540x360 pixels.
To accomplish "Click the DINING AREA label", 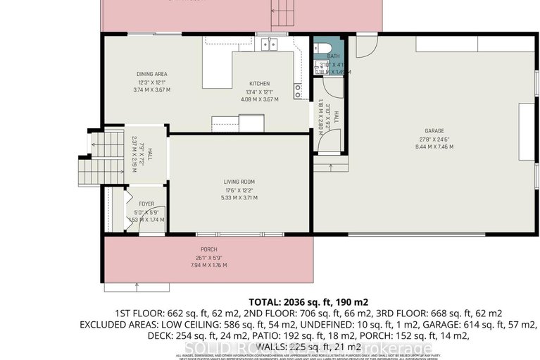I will pyautogui.click(x=151, y=74).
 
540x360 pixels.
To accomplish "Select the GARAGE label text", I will pyautogui.click(x=434, y=131).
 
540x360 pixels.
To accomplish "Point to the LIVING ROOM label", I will pyautogui.click(x=239, y=182).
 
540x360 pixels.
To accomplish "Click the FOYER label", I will pyautogui.click(x=146, y=204).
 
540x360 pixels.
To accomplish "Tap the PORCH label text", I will pyautogui.click(x=208, y=250).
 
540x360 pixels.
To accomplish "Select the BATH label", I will pyautogui.click(x=333, y=56).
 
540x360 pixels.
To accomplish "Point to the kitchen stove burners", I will pyautogui.click(x=299, y=91).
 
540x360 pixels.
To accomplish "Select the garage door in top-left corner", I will pyautogui.click(x=365, y=45).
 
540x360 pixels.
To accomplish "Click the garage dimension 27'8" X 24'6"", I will pyautogui.click(x=434, y=139).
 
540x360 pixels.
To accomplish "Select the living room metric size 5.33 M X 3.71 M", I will pyautogui.click(x=239, y=199).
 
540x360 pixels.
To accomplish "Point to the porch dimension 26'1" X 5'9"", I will pyautogui.click(x=208, y=259).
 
